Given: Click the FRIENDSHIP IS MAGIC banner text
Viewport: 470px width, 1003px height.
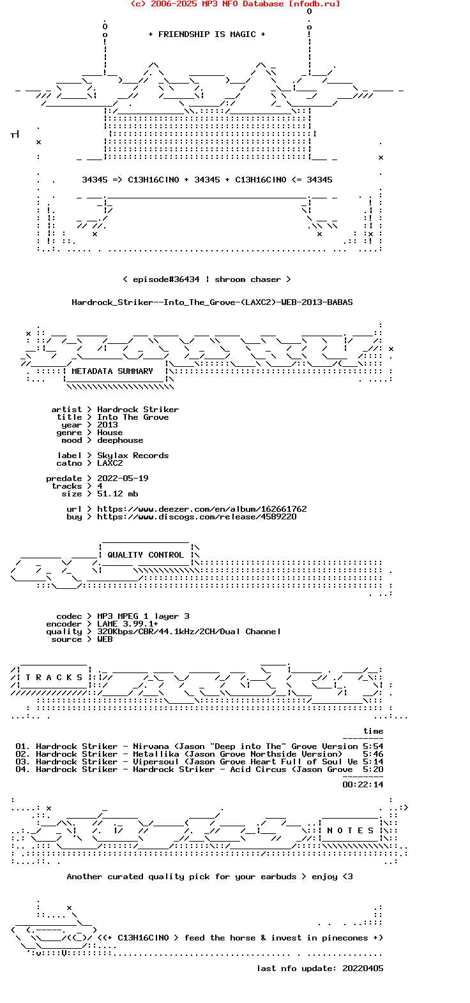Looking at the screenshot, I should pyautogui.click(x=206, y=34).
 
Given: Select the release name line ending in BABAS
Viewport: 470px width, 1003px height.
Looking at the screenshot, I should pyautogui.click(x=212, y=302).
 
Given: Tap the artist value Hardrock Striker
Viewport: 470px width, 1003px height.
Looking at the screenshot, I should pyautogui.click(x=138, y=410).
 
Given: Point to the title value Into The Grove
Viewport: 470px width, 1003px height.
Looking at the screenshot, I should pyautogui.click(x=133, y=417).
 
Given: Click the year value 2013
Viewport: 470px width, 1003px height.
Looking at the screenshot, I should pyautogui.click(x=107, y=425).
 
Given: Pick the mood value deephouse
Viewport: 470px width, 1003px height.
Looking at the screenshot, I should pyautogui.click(x=120, y=440).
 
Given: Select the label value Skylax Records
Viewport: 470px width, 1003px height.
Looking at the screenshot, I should pyautogui.click(x=133, y=456).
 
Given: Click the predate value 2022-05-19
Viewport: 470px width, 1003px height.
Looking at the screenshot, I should pyautogui.click(x=123, y=479).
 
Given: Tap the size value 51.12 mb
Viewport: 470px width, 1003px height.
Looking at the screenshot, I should pyautogui.click(x=117, y=494).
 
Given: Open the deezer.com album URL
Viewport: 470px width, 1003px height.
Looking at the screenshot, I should pyautogui.click(x=202, y=509).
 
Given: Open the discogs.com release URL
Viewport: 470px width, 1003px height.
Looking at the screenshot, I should pyautogui.click(x=197, y=517).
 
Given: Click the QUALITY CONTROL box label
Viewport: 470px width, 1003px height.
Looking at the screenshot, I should pyautogui.click(x=146, y=555).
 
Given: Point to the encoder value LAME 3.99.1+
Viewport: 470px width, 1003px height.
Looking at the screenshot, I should pyautogui.click(x=128, y=624).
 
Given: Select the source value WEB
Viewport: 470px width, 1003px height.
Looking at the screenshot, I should pyautogui.click(x=105, y=639).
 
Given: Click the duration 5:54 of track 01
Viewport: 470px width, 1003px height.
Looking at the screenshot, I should pyautogui.click(x=373, y=747).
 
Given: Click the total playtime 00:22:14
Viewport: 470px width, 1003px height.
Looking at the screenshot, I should pyautogui.click(x=363, y=785).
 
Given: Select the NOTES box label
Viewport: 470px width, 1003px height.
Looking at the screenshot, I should pyautogui.click(x=350, y=831).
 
